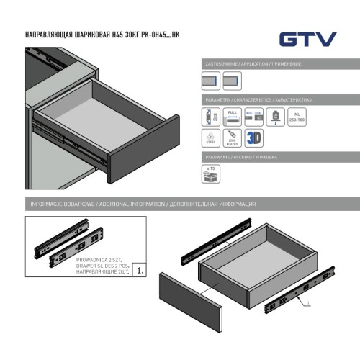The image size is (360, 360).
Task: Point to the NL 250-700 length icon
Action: pyautogui.click(x=297, y=116)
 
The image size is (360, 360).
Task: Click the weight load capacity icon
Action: pyautogui.click(x=275, y=116)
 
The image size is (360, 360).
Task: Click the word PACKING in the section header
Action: pyautogui.click(x=248, y=156)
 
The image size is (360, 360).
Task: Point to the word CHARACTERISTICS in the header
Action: pyautogui.click(x=264, y=99)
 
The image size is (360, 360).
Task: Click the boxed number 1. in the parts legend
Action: pyautogui.click(x=140, y=271)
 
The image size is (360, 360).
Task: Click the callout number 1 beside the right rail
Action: pyautogui.click(x=310, y=305)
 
